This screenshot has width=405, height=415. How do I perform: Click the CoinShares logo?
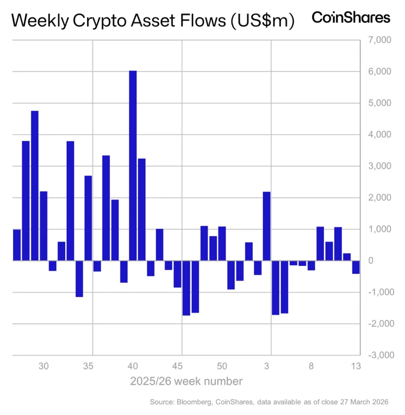coord(351,17)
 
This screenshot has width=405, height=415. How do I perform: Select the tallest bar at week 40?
coord(133,165)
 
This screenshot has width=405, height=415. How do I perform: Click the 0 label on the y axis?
coord(370,261)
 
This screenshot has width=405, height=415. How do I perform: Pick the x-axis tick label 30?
coord(44,366)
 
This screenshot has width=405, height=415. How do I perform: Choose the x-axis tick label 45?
coord(177,366)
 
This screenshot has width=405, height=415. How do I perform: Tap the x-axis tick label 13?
coord(356,366)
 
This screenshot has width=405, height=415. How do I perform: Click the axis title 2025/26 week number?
coord(186,381)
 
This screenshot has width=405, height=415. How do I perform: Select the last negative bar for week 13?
coord(356,267)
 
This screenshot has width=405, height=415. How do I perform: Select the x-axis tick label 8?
coord(311,366)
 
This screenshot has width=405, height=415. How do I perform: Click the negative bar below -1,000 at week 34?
coord(79,279)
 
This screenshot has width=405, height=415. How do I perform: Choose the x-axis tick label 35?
coord(88,366)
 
